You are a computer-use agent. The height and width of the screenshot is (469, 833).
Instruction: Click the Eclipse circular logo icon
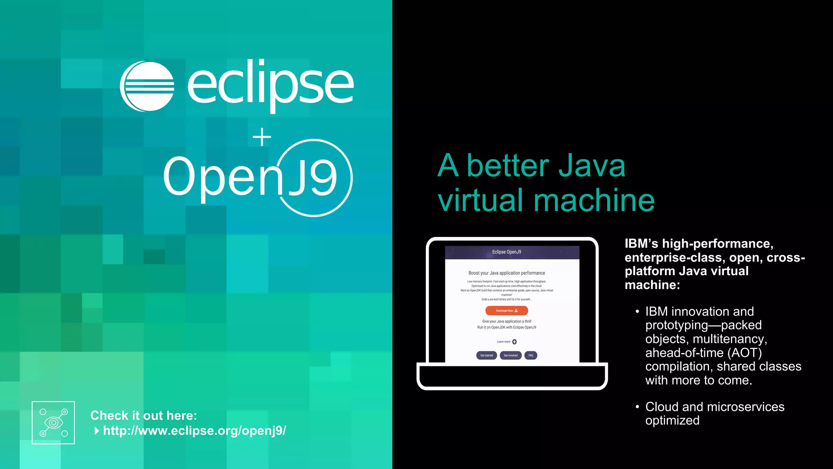147,86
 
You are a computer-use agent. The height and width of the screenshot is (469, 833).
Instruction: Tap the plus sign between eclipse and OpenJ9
262,137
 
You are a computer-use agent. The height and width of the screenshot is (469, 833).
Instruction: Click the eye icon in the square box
53,423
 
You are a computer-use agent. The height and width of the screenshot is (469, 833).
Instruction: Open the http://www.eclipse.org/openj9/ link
194,430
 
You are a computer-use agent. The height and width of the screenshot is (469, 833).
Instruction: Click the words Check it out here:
144,415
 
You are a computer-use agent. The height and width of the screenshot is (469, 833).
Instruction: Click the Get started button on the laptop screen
486,355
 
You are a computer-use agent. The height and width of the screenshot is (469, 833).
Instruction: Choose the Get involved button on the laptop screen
510,355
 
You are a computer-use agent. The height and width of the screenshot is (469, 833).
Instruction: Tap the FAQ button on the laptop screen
531,355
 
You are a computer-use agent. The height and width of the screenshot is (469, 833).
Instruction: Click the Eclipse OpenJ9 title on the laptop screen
506,252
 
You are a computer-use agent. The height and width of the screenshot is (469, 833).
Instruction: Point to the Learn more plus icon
515,342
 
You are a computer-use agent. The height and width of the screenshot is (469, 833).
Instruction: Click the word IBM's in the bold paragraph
641,243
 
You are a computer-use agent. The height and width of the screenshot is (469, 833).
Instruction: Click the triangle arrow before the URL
97,431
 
